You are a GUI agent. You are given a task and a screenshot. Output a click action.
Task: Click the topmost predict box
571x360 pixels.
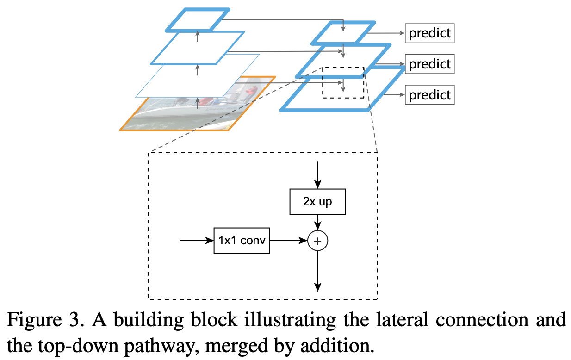coord(429,33)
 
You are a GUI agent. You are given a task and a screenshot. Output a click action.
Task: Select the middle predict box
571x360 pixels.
coord(429,63)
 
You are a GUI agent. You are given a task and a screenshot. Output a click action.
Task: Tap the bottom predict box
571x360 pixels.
coord(429,95)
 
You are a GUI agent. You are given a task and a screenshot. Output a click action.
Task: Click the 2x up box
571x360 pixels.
coord(317,202)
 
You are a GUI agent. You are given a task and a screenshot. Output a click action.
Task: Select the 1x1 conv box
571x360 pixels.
coord(242,241)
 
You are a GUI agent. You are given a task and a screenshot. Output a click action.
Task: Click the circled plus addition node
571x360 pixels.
coord(317,241)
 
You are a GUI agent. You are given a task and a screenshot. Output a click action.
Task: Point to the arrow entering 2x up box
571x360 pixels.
coord(317,175)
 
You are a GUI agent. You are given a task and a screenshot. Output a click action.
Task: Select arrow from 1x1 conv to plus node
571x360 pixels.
coord(288,241)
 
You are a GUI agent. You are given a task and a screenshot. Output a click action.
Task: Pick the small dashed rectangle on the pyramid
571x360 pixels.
coord(343,82)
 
